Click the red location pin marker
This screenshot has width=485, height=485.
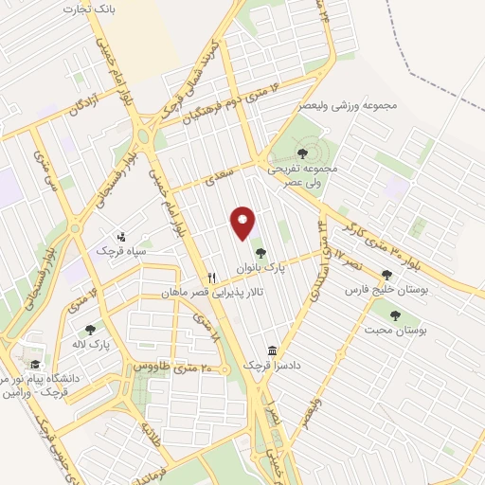[243, 223]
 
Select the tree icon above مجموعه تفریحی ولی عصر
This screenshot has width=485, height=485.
[302, 153]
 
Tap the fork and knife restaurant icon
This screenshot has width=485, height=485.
[212, 278]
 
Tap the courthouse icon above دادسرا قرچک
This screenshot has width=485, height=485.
[272, 350]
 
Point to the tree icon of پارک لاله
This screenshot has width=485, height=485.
[90, 331]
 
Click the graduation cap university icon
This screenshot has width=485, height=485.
[35, 365]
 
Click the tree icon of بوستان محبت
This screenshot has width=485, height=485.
[395, 315]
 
